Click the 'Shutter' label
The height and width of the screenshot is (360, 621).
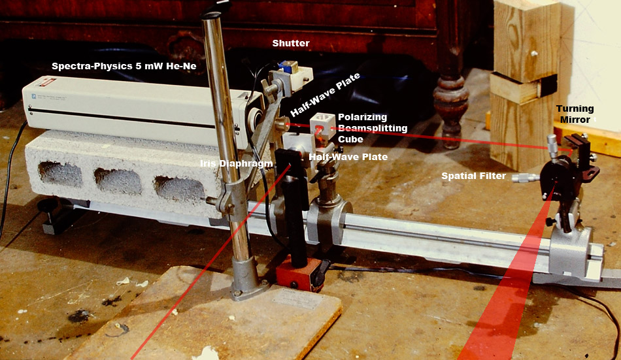[x=291, y=43]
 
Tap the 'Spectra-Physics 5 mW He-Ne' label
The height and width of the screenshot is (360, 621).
[x=124, y=66]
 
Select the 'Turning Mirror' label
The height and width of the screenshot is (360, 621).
[x=575, y=114]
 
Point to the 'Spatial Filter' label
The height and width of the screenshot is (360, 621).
[x=474, y=176]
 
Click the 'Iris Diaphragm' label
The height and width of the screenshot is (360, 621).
[x=236, y=163]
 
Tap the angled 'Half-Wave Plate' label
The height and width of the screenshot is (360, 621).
[x=325, y=95]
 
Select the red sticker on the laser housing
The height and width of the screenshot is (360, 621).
[x=47, y=83]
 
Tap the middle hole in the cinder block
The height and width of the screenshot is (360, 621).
[x=118, y=181]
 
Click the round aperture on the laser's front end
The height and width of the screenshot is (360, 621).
[x=254, y=117]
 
